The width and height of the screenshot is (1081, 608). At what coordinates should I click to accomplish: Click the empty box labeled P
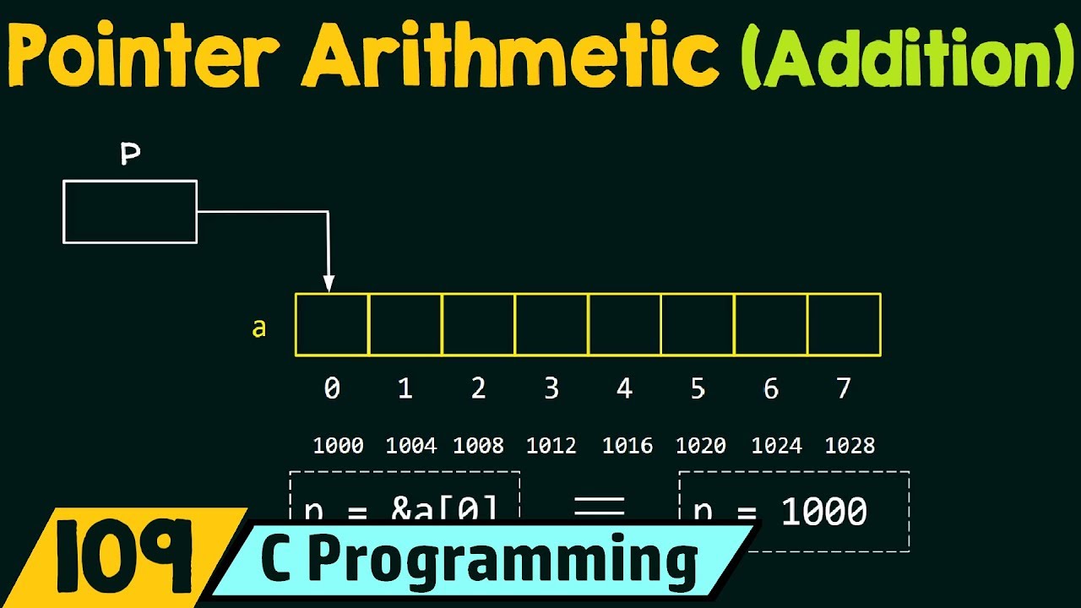(130, 212)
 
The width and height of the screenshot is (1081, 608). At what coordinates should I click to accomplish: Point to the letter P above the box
(130, 155)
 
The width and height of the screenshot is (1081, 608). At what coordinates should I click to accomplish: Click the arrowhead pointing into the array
(329, 284)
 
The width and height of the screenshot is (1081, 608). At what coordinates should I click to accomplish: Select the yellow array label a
(259, 328)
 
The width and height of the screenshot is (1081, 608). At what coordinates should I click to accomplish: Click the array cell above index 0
(332, 324)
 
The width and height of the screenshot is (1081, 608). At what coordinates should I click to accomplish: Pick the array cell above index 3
(551, 324)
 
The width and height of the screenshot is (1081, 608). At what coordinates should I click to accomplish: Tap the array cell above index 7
(844, 324)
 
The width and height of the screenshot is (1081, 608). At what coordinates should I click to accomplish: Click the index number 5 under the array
(698, 388)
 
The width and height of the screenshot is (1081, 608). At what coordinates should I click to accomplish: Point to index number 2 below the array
(478, 388)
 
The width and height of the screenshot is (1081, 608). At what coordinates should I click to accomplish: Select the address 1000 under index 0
(338, 446)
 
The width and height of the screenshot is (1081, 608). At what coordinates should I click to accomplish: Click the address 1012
(551, 446)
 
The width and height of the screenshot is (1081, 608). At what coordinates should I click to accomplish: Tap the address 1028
(850, 446)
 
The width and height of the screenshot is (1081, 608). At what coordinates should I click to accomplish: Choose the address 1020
(701, 446)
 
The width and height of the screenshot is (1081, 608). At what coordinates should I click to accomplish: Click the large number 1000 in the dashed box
(823, 512)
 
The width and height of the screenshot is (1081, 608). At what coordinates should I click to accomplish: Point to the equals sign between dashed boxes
(600, 507)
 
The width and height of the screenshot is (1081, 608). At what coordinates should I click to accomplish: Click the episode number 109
(124, 556)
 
